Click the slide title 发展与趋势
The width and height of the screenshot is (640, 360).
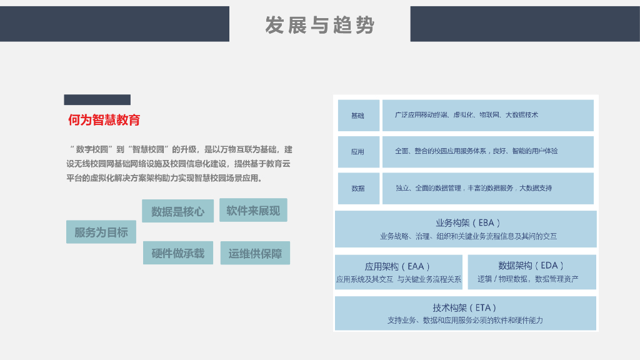(x=319, y=25)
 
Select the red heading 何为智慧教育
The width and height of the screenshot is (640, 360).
(x=104, y=121)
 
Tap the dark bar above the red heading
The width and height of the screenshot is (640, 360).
(x=97, y=100)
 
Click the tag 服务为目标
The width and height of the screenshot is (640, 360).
(x=101, y=232)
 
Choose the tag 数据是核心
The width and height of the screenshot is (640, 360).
(x=177, y=211)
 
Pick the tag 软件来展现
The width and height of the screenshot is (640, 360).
(x=253, y=211)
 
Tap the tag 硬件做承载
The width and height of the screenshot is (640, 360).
(x=177, y=253)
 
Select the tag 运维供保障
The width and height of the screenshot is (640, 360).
(x=255, y=253)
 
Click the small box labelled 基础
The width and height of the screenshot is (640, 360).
(x=358, y=116)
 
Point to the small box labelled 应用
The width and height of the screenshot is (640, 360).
(x=358, y=152)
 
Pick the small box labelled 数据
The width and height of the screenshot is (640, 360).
(x=358, y=188)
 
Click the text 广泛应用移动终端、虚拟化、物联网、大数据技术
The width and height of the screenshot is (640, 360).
(x=466, y=115)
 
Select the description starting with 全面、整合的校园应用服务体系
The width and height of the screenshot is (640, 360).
(x=476, y=151)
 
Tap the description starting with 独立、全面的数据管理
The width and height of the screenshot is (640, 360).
(x=474, y=187)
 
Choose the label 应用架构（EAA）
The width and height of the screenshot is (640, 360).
(x=398, y=266)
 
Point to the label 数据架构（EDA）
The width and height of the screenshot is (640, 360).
(x=531, y=265)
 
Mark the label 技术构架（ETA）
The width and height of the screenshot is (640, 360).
(x=466, y=307)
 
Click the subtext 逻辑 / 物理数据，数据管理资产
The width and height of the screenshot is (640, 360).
(x=528, y=279)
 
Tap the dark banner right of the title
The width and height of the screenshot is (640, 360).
(x=525, y=24)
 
